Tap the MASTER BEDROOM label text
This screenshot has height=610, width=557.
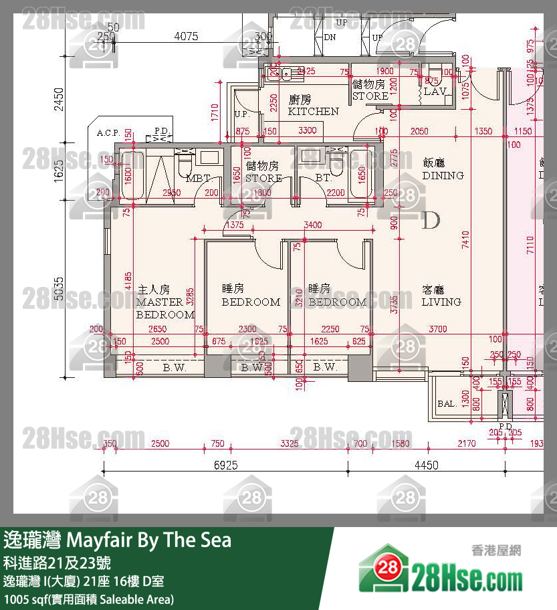tap(165, 302)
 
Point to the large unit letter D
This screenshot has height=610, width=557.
tap(431, 219)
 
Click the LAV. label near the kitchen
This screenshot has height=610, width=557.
tap(435, 91)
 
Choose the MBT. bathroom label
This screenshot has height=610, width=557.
tap(198, 179)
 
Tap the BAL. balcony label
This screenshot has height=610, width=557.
tap(447, 404)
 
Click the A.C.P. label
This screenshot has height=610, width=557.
tap(108, 133)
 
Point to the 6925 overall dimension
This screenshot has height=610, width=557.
tap(226, 466)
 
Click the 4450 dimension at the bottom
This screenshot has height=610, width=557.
tap(426, 466)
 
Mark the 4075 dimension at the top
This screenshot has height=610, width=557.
tap(186, 37)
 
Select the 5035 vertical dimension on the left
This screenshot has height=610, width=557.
tap(59, 288)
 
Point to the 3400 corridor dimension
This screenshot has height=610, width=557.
tap(312, 225)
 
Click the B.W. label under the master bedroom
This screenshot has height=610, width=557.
tap(174, 367)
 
